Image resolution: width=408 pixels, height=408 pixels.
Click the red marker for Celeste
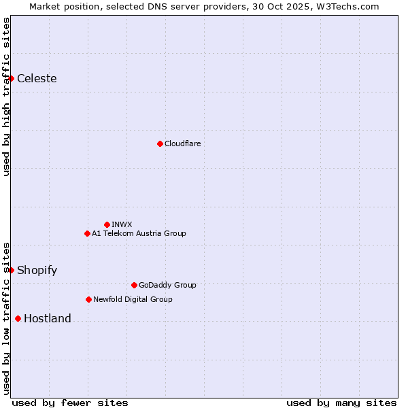point(12,78)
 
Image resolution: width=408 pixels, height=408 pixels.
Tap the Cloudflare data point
point(160,143)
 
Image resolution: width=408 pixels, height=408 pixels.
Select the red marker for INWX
point(107,224)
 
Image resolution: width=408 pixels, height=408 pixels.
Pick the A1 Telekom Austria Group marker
point(87,233)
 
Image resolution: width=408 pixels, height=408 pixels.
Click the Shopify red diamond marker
point(12,270)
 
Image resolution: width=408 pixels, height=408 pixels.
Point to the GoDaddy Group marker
point(134,285)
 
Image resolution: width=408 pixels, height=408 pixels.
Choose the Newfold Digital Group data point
point(88,299)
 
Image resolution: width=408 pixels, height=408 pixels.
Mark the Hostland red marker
point(18,318)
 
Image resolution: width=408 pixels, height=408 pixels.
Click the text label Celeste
point(37,78)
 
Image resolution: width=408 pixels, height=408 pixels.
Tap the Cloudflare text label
point(182,143)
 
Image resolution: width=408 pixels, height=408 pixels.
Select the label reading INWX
point(122,224)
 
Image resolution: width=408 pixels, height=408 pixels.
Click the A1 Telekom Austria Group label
point(139,233)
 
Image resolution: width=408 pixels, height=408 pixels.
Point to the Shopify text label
point(37,270)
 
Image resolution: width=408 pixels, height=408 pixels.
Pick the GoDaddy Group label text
point(167,285)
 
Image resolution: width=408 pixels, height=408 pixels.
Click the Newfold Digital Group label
point(133,299)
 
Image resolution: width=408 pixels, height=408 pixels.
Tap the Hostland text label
point(48,318)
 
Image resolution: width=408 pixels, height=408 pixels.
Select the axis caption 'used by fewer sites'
point(70,403)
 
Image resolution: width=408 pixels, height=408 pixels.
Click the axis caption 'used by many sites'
point(341,403)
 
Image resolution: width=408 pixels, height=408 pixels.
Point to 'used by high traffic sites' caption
point(6,97)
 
